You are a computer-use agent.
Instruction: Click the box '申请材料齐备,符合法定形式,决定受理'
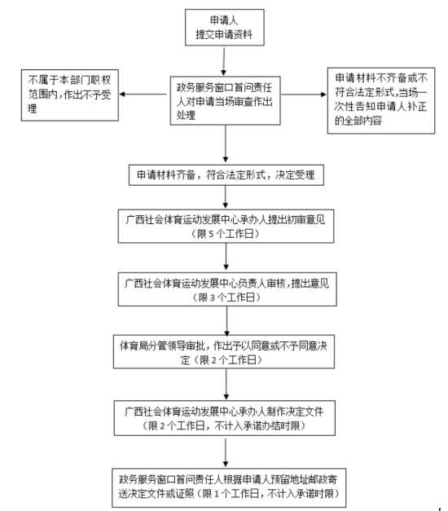pyautogui.click(x=226, y=174)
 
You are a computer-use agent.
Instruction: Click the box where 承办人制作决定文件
pyautogui.click(x=226, y=413)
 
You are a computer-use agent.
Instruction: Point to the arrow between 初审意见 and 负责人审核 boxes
pyautogui.click(x=226, y=258)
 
